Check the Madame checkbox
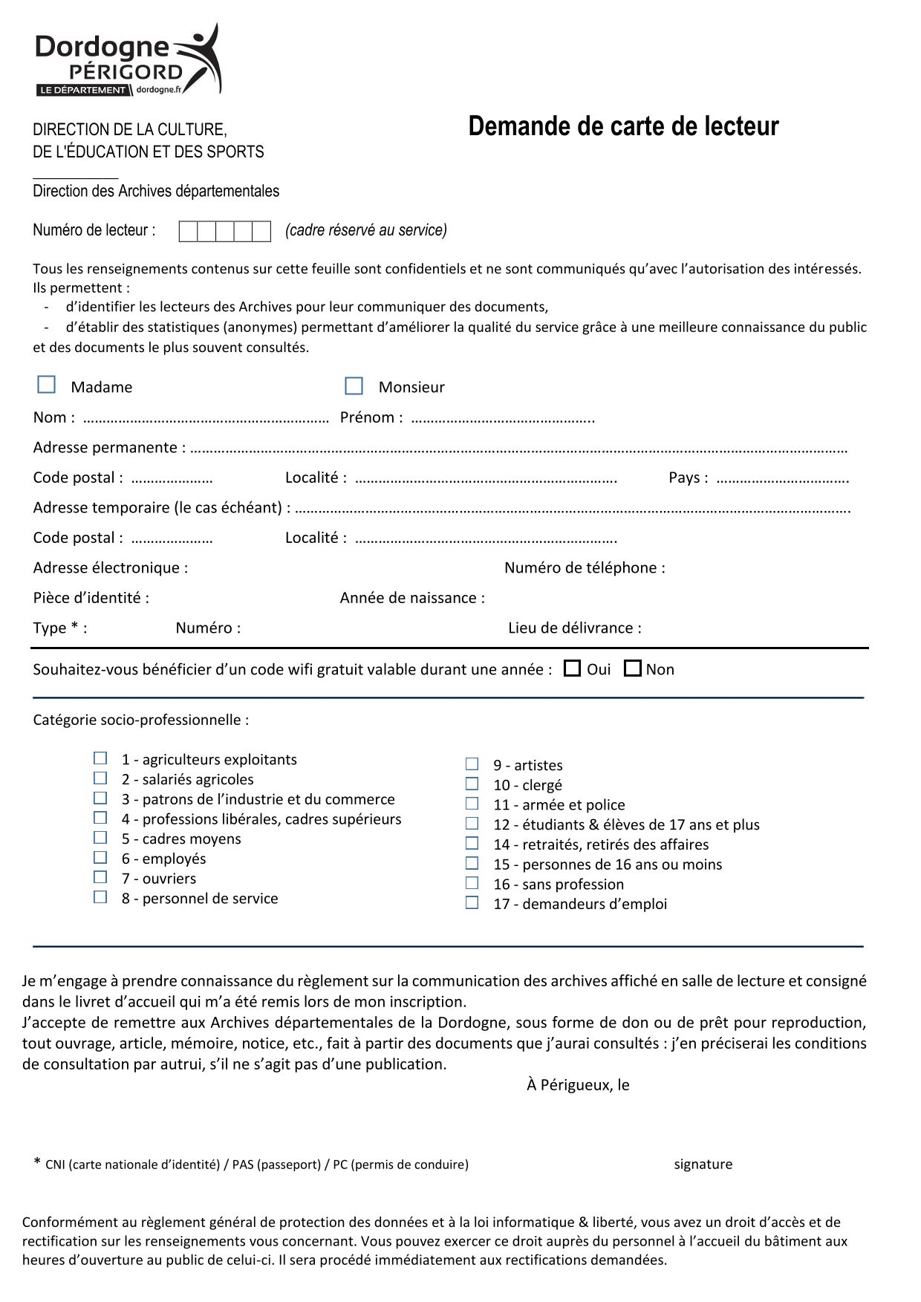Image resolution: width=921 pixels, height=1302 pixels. (47, 385)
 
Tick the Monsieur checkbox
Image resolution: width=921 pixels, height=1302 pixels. (354, 386)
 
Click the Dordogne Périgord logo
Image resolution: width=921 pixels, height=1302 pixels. (128, 60)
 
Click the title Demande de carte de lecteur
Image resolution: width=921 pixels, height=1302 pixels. (623, 127)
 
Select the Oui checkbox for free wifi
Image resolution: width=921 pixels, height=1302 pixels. (572, 669)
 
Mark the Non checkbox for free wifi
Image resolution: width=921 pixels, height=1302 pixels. (632, 669)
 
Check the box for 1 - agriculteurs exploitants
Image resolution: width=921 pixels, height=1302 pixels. (100, 758)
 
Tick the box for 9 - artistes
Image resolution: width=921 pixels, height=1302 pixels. (472, 764)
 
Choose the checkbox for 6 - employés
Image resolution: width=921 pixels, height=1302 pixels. (100, 858)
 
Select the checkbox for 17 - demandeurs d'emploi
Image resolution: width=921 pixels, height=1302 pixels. (472, 903)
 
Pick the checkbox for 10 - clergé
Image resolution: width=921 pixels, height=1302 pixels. (472, 784)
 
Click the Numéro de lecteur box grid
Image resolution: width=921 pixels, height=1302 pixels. (224, 232)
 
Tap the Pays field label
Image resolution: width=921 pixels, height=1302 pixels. (688, 478)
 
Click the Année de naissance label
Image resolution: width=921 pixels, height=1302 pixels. (412, 598)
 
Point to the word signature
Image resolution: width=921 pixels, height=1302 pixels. (703, 1165)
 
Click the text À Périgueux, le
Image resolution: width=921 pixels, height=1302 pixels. (578, 1085)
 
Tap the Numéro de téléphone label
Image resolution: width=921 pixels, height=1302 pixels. (585, 568)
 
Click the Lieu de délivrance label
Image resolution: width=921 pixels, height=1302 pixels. (574, 628)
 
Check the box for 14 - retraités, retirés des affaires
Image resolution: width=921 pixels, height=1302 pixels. (472, 844)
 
